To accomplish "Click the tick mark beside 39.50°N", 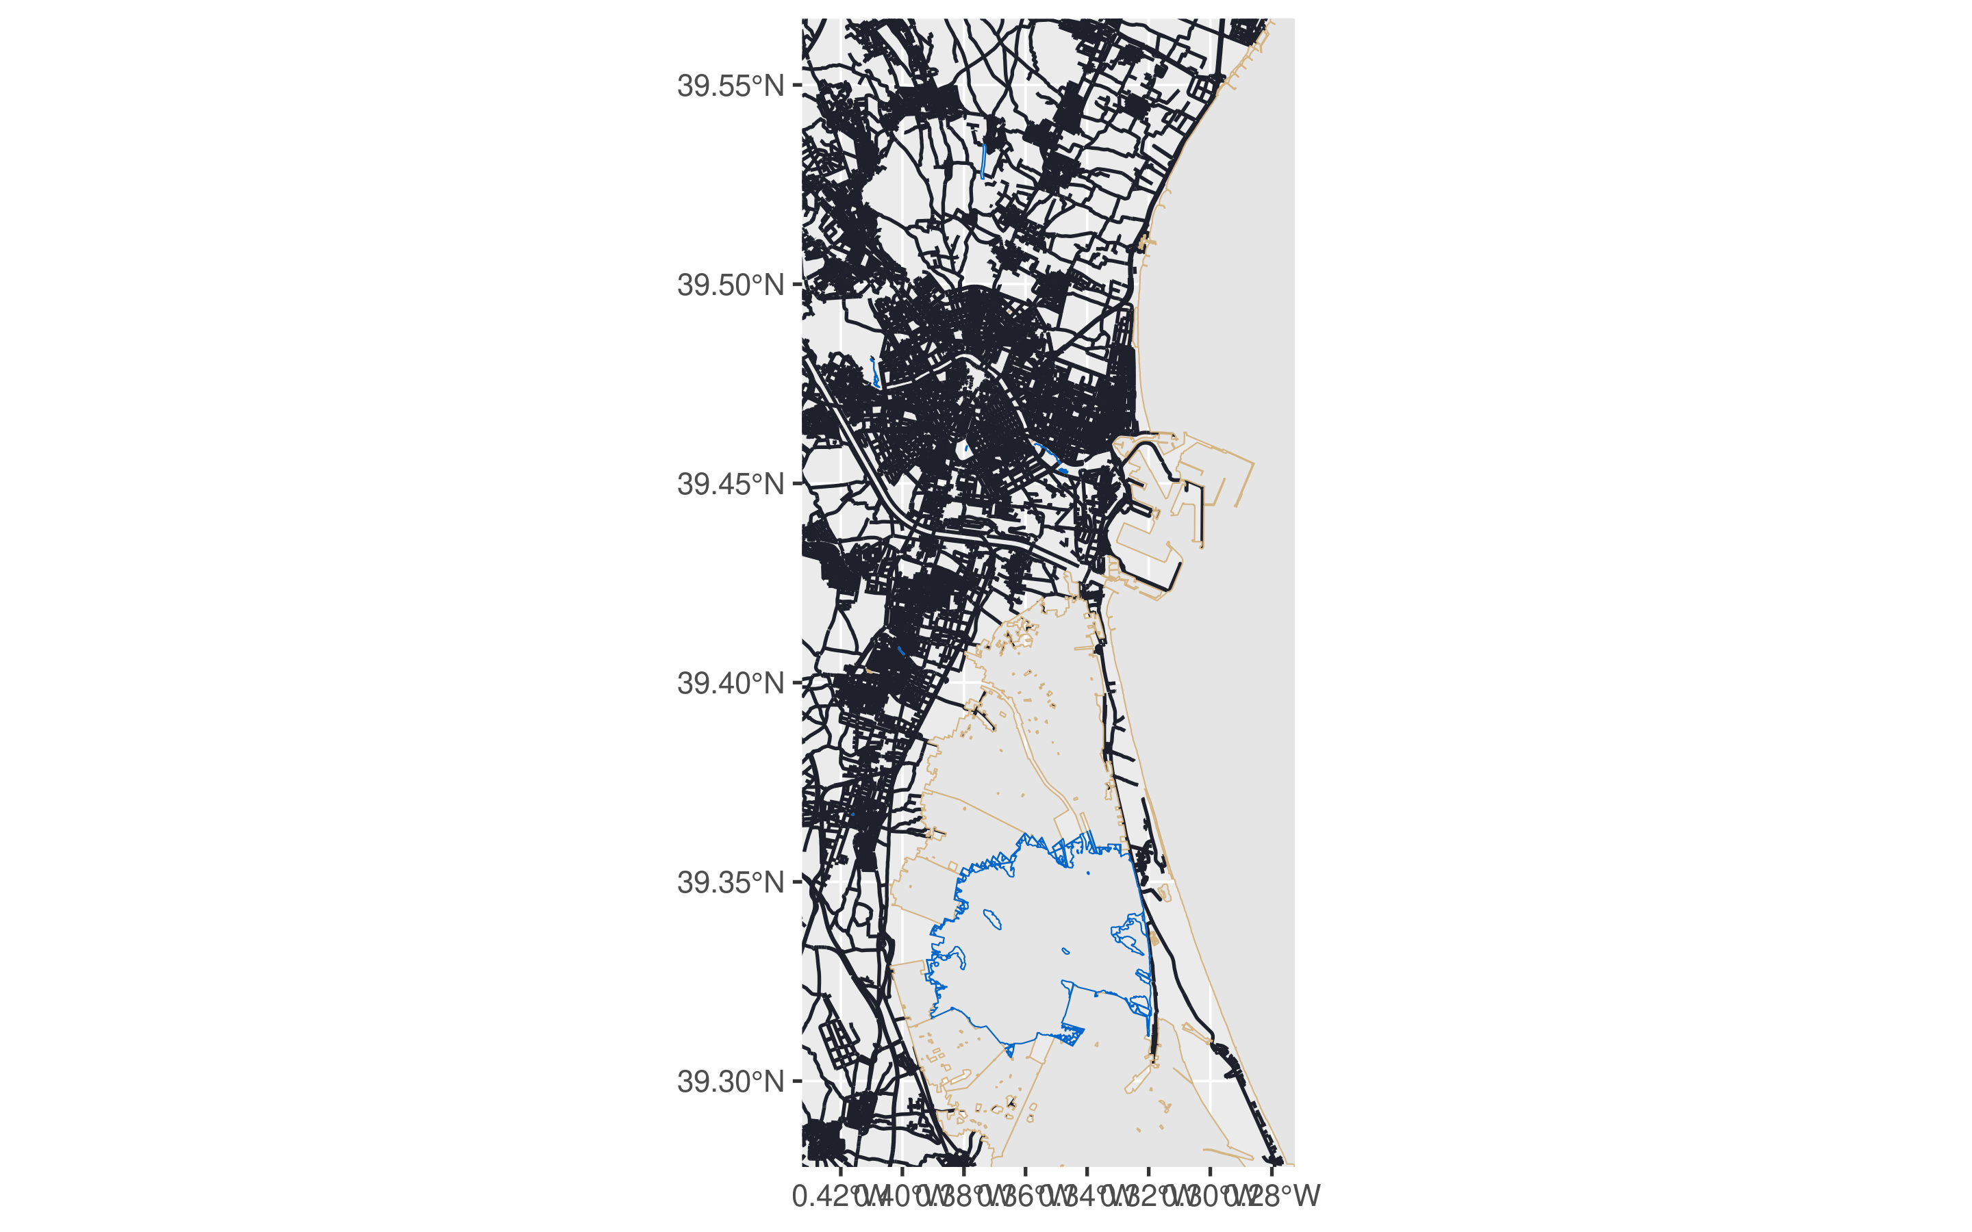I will [797, 285].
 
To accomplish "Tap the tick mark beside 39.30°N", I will [797, 1081].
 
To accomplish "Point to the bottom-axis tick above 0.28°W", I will [1272, 1171].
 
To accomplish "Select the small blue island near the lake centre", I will [1065, 950].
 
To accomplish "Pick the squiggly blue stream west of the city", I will [874, 372].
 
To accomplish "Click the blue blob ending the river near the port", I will [1062, 470].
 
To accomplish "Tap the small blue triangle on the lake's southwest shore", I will [1009, 1051].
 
